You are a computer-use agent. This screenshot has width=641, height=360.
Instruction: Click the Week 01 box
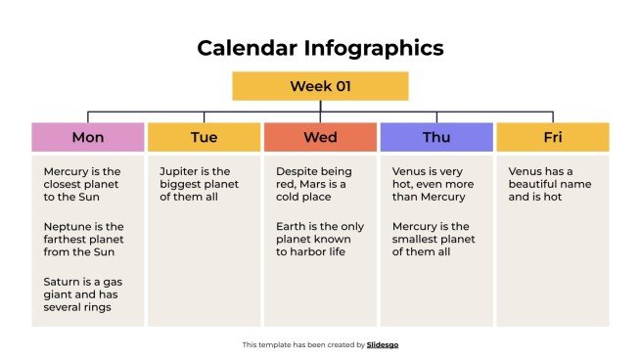(319, 86)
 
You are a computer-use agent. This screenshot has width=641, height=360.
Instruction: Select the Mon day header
(88, 137)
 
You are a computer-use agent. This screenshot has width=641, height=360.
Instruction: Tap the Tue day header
(204, 137)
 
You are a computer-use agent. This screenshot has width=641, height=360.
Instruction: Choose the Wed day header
(320, 137)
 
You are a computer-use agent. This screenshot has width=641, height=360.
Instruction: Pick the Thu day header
(436, 137)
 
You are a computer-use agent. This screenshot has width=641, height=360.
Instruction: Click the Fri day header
(552, 137)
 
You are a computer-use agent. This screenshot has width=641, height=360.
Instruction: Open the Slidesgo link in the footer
(383, 344)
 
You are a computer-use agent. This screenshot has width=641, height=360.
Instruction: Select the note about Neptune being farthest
(83, 239)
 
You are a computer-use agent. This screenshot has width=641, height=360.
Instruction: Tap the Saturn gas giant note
(83, 293)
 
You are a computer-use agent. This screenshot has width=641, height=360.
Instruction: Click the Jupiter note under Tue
(199, 183)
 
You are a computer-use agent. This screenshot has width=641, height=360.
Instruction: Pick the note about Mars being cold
(316, 183)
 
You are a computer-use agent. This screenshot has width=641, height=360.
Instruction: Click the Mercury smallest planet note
(432, 239)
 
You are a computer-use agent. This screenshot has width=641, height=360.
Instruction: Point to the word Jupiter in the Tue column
(181, 170)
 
